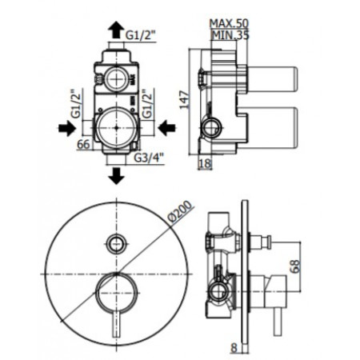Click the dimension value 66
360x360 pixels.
click(82, 144)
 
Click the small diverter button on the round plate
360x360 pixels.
click(118, 242)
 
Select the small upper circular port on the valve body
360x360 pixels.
click(114, 78)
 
